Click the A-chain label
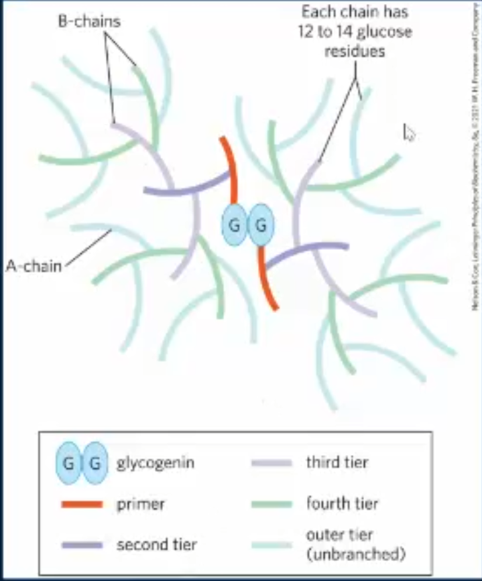point(34,265)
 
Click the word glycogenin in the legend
point(156,463)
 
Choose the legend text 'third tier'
point(337,462)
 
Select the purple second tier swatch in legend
point(81,545)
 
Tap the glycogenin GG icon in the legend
point(81,463)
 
